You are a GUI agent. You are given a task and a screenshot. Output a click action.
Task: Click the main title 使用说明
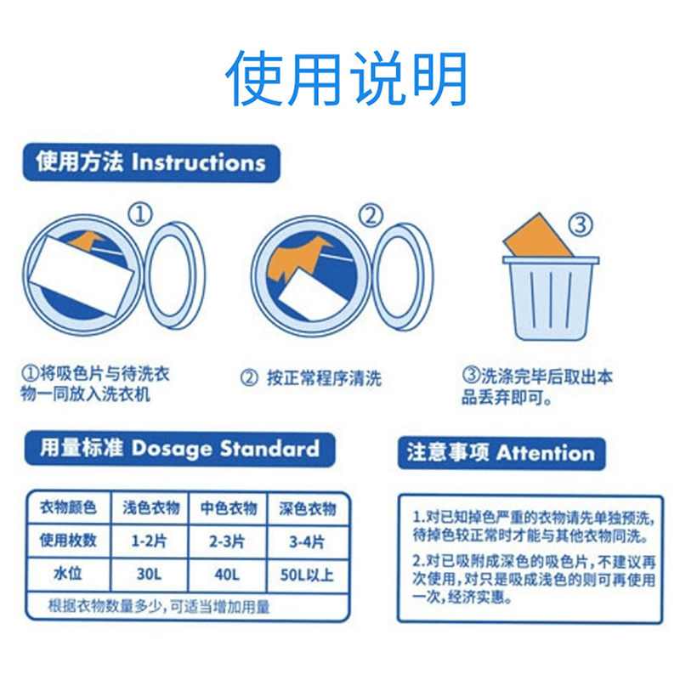[x=346, y=78]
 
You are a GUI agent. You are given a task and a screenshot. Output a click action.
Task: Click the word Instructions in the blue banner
[x=198, y=162]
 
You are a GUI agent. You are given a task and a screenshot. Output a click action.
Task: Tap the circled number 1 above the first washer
[x=140, y=214]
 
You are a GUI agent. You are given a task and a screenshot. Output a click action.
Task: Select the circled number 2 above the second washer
[x=371, y=216]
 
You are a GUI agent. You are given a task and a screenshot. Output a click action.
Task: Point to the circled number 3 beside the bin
[x=581, y=225]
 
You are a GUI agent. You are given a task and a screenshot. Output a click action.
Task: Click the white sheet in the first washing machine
[x=82, y=276]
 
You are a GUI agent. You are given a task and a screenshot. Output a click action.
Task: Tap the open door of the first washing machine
[x=174, y=275]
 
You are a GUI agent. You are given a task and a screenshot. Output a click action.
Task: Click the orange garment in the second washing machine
[x=296, y=258]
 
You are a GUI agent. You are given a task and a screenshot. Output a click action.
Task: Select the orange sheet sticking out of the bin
[x=537, y=236]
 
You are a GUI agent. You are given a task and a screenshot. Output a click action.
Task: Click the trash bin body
[x=551, y=300]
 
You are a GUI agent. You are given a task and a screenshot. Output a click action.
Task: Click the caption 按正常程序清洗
[x=324, y=378]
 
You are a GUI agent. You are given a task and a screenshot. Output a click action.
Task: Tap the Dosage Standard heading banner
[x=179, y=449]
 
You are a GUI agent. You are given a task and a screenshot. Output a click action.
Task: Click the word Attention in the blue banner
[x=546, y=453]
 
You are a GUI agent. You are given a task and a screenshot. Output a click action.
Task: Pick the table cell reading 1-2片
[x=149, y=541]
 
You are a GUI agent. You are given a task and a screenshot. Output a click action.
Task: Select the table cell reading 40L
[x=227, y=575]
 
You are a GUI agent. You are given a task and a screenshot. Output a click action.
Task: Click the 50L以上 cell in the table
[x=307, y=575]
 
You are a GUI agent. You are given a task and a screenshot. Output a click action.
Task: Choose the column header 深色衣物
[x=308, y=508]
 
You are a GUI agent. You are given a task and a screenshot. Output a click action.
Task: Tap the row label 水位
[x=68, y=573]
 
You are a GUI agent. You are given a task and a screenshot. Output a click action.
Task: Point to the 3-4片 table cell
[x=307, y=541]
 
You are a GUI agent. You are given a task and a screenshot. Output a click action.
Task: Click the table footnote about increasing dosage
[x=159, y=606]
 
